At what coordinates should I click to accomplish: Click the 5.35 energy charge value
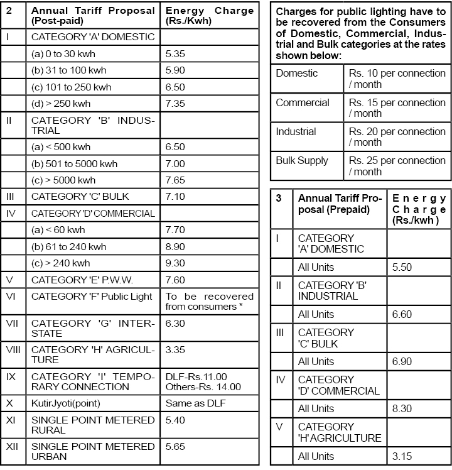point(175,54)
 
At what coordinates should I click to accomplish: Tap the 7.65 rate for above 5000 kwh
point(175,180)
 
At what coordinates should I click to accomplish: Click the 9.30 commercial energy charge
point(175,263)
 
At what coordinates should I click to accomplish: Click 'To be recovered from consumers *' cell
point(209,302)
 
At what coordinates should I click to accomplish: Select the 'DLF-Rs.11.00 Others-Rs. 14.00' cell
point(203,381)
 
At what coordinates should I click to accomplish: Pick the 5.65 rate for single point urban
point(175,446)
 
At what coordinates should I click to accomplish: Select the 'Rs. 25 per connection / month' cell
point(397,166)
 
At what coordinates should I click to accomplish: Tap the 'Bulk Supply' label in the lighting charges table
point(302,161)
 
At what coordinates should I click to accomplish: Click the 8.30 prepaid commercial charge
point(402,408)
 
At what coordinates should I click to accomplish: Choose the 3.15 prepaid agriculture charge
point(402,456)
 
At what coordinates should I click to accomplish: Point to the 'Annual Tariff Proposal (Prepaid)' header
point(339,204)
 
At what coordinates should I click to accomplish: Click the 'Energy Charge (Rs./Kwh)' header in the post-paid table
point(209,16)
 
